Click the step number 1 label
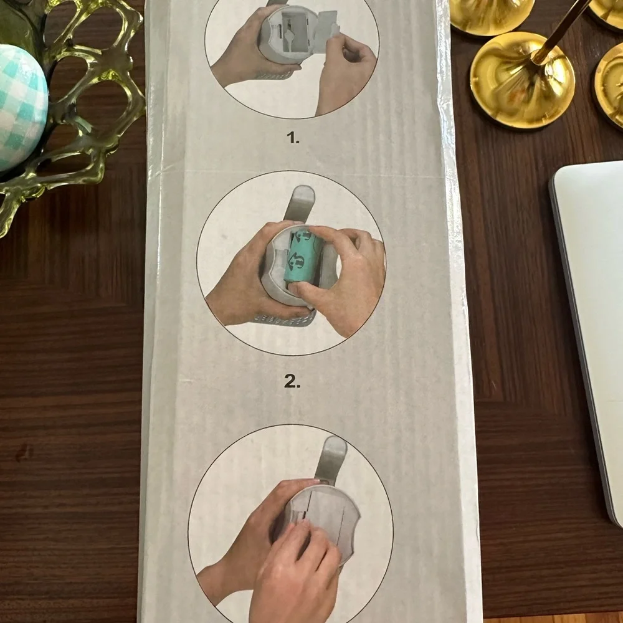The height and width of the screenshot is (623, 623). click(293, 138)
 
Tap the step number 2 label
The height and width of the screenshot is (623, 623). click(292, 381)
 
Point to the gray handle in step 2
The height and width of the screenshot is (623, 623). click(302, 202)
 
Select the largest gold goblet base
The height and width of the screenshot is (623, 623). click(522, 80)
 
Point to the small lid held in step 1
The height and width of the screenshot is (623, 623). click(328, 23)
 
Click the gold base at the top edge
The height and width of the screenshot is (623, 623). click(492, 16)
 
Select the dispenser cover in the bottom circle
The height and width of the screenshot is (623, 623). click(322, 520)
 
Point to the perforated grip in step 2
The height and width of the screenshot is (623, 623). click(284, 318)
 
